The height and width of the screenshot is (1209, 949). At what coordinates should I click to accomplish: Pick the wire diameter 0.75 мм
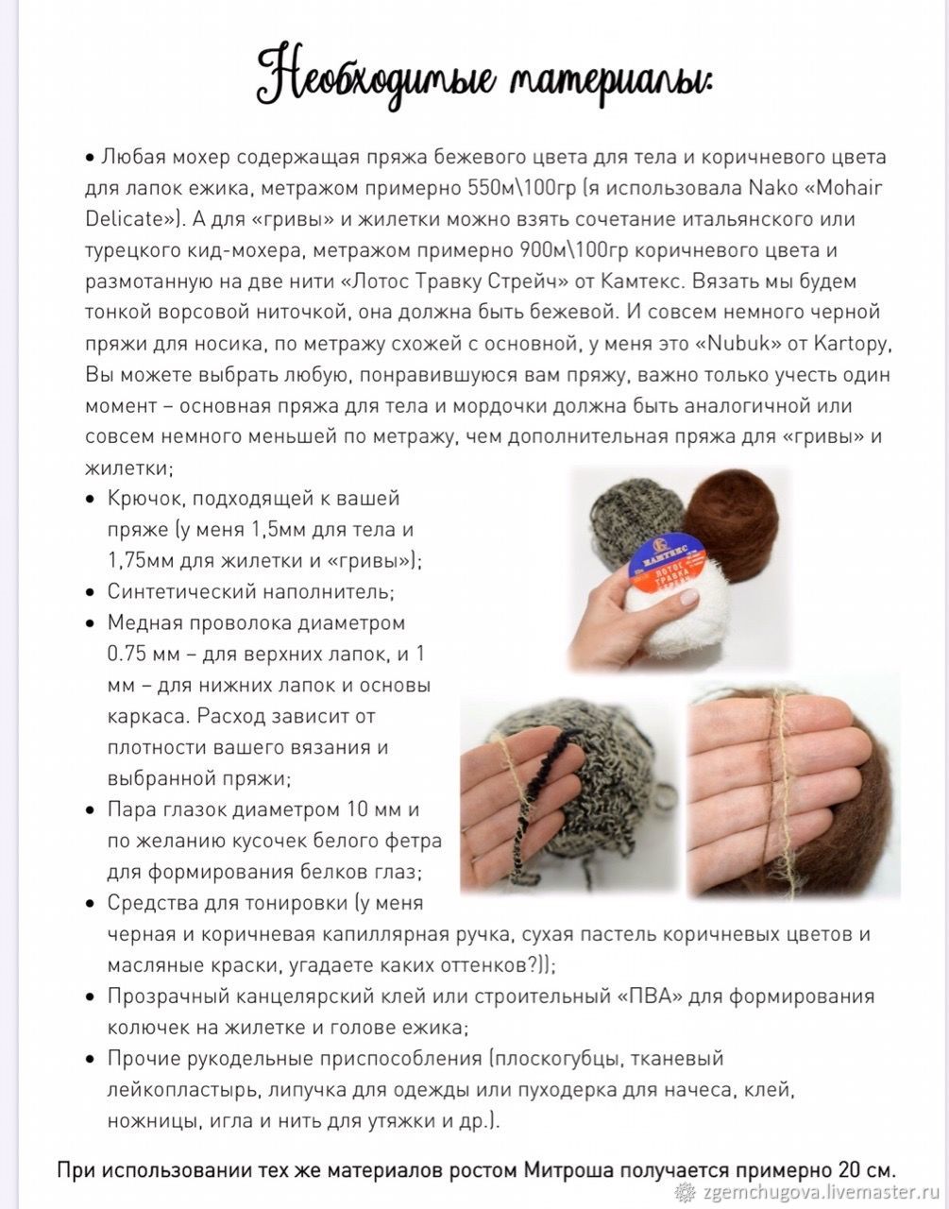tap(141, 654)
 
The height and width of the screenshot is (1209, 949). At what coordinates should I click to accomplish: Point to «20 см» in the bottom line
tap(864, 1168)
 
